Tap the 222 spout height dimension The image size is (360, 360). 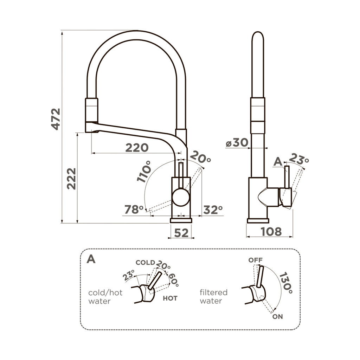(71, 179)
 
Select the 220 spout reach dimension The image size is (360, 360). (137, 148)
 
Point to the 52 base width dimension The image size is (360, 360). (181, 232)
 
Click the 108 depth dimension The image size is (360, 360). (271, 231)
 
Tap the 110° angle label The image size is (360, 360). (145, 171)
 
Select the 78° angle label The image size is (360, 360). (134, 210)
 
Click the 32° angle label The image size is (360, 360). (213, 210)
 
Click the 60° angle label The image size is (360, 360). (173, 279)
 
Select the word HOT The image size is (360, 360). (170, 298)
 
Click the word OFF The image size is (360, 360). (256, 260)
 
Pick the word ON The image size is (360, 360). (277, 316)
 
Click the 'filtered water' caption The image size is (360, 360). (213, 297)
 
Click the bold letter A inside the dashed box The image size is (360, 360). (91, 259)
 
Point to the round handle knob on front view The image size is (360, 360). (181, 198)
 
